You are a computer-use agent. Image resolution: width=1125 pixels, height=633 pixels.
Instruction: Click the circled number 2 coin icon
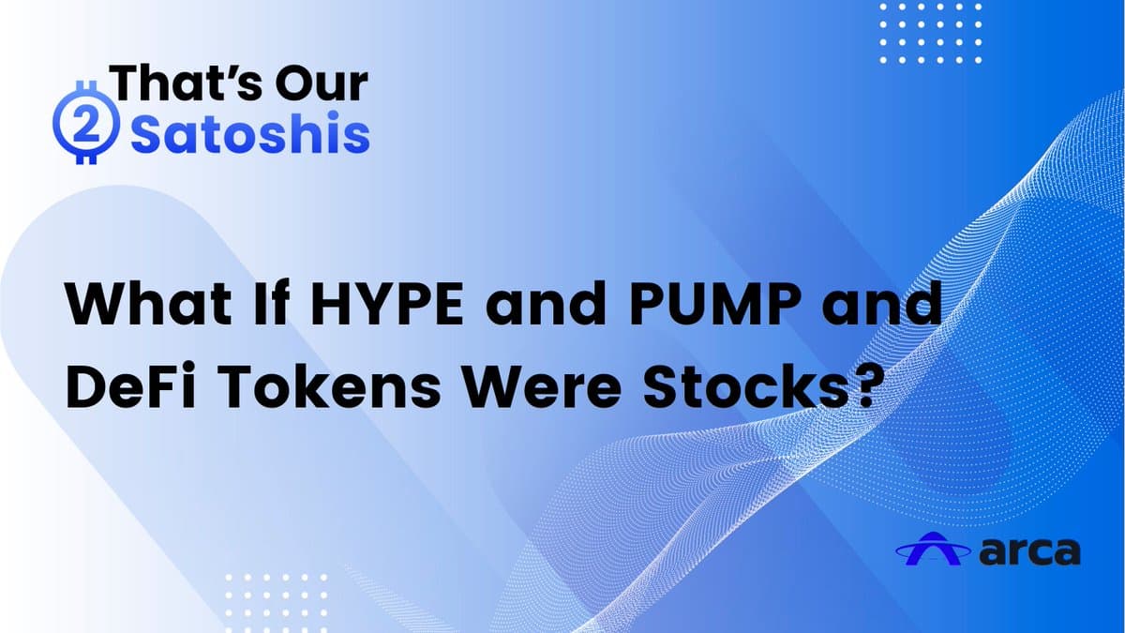(86, 130)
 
